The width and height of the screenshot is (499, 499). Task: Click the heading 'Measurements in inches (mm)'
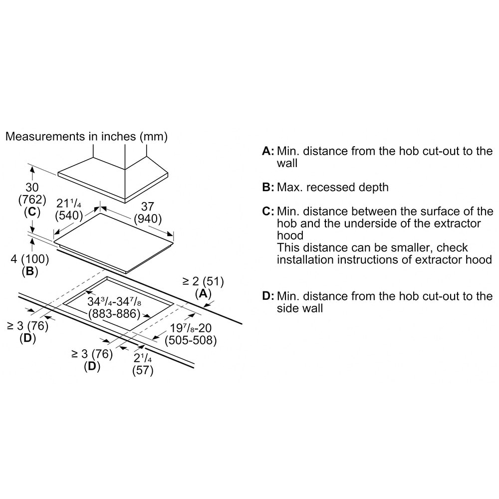point(86,136)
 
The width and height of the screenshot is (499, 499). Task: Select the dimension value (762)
point(32,200)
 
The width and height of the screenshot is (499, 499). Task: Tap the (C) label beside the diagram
point(32,212)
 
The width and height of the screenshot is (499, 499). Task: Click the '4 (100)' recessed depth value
point(29,259)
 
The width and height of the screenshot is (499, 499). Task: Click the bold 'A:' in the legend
point(268,151)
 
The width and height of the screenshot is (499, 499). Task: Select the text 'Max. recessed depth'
point(332,188)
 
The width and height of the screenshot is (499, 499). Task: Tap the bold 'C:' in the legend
point(268,211)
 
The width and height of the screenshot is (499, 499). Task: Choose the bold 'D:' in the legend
point(268,296)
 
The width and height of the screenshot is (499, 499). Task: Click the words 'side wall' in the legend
point(300,308)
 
